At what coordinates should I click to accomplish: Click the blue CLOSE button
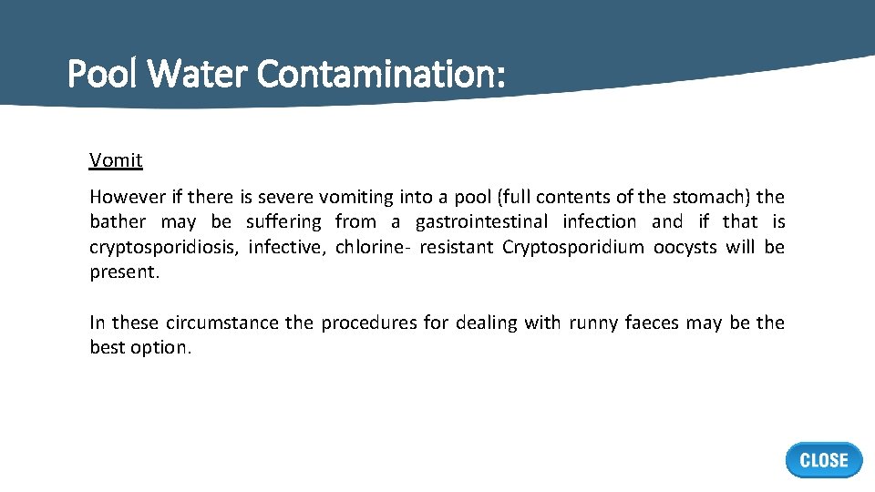(x=823, y=460)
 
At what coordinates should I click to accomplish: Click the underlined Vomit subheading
(x=116, y=161)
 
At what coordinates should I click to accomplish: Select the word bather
(x=118, y=221)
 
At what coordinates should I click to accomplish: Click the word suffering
(x=283, y=221)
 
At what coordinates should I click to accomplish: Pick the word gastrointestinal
(x=482, y=221)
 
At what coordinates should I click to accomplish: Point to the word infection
(x=600, y=221)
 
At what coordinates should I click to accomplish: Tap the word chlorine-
(x=373, y=247)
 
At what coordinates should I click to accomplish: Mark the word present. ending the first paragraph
(x=124, y=272)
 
